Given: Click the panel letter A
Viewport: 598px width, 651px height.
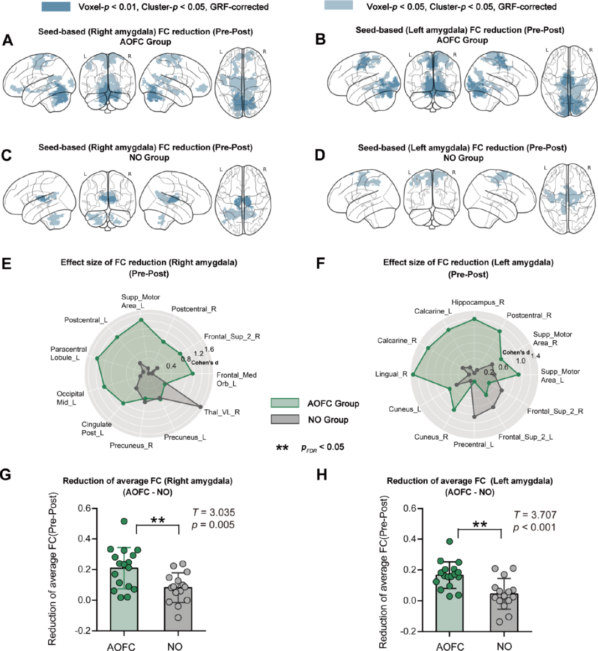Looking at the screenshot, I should point(8,40).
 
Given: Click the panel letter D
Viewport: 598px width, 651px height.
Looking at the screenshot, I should point(319,155).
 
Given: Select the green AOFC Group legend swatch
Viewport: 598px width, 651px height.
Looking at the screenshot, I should point(285,403).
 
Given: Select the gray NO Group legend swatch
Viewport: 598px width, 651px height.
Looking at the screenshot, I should point(285,420).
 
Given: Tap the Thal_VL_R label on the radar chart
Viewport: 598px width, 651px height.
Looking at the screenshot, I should point(221,412).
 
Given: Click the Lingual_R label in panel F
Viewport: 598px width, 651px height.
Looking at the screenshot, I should point(391,374).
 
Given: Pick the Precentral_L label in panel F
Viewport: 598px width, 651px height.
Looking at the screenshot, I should point(473,444).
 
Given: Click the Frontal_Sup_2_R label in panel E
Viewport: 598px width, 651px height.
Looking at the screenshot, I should point(232,336).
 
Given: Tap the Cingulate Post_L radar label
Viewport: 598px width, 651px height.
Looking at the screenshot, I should point(97,429).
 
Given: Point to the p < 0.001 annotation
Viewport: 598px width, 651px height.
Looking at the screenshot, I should point(534,527).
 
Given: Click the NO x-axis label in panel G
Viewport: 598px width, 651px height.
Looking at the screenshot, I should point(175,646).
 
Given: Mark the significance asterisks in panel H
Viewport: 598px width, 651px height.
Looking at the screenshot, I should point(480,524).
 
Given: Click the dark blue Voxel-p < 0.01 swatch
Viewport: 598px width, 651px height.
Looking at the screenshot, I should point(56,7).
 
